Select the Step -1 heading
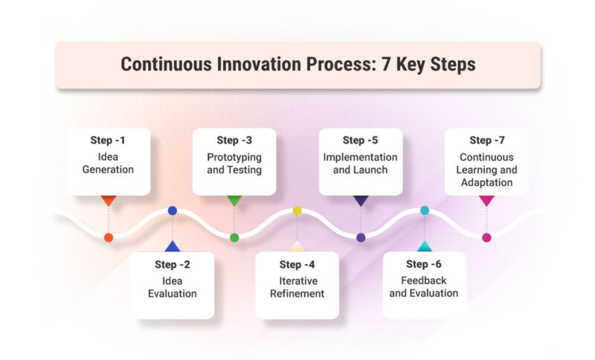108,140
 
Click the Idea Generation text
108,163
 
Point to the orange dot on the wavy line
109,238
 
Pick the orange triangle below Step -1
109,200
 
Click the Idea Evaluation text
172,287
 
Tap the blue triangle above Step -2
172,246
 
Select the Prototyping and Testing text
234,163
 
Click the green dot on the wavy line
234,238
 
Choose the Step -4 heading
297,264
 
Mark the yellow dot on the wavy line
297,210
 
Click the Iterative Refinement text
297,287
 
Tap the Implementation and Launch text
361,163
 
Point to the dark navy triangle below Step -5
361,200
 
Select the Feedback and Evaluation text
424,287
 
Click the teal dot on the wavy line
425,210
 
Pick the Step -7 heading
487,140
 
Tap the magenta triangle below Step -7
487,200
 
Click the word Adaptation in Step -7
487,181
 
